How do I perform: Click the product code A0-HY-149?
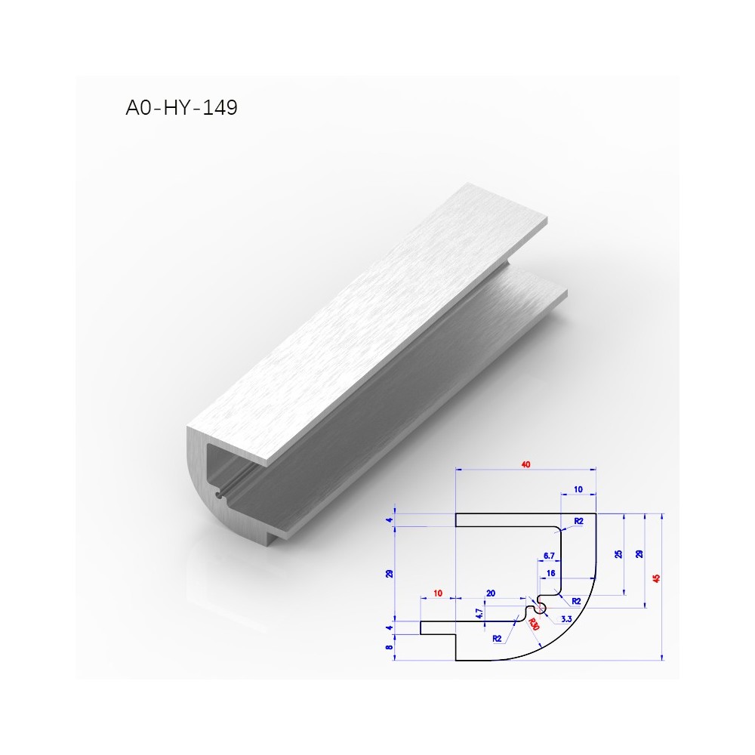point(181,107)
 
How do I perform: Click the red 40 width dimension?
point(525,464)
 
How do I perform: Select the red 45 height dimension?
point(655,578)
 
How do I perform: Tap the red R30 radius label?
point(534,624)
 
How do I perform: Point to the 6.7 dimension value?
point(549,556)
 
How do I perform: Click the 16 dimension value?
point(551,573)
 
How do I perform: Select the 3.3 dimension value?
point(566,619)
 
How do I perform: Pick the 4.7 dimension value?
point(479,613)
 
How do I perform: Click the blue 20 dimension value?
point(491,593)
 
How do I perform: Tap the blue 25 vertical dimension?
point(619,554)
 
